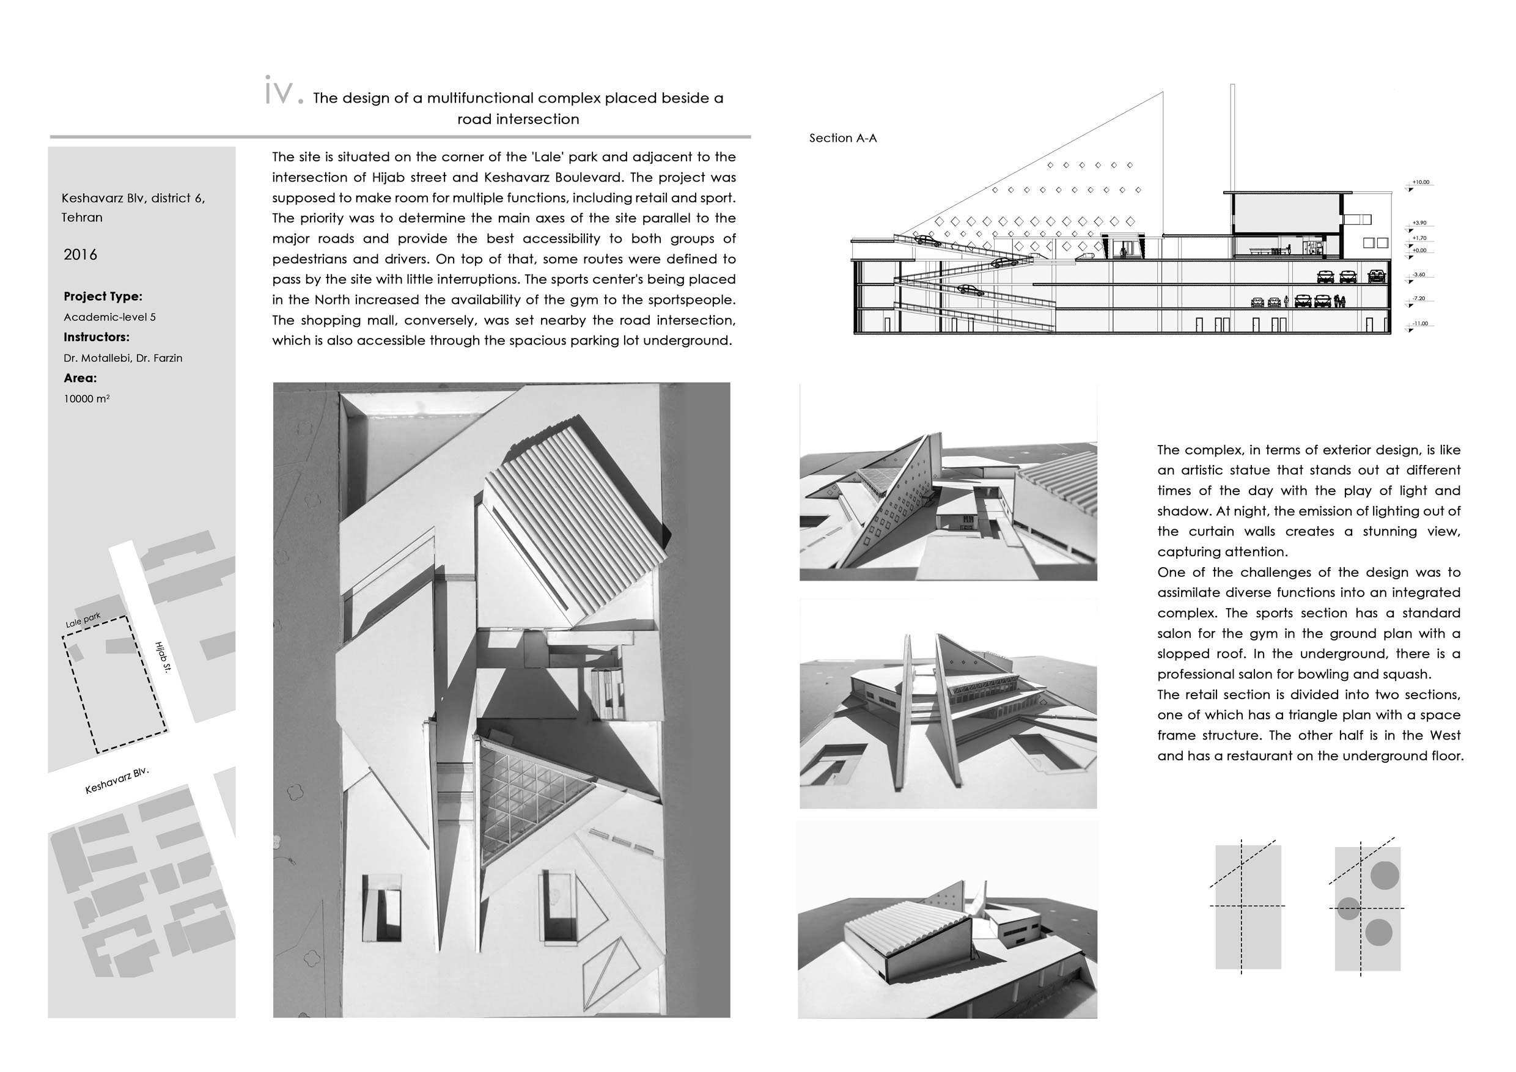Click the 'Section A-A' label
click(842, 138)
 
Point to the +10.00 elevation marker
click(1420, 182)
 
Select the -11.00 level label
click(1419, 323)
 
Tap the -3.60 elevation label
click(1418, 274)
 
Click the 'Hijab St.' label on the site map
click(163, 657)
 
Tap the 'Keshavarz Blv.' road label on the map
click(117, 780)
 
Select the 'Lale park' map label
click(83, 620)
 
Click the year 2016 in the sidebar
click(80, 255)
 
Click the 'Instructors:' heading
click(97, 337)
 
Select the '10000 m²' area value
click(86, 398)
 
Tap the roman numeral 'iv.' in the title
click(283, 92)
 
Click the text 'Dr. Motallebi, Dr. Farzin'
click(123, 358)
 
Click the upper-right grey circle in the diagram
click(1385, 875)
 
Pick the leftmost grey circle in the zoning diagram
click(1349, 908)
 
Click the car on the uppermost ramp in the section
click(929, 241)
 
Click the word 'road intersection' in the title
click(518, 119)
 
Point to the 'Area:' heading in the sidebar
click(80, 378)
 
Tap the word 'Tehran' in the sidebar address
click(82, 217)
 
